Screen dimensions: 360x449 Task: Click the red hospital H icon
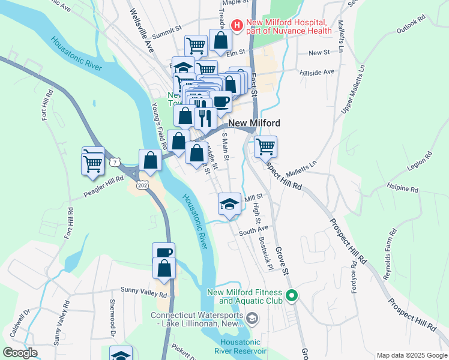click(x=237, y=25)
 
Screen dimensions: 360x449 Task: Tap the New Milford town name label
click(x=254, y=123)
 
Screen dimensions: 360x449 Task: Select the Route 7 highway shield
click(x=115, y=162)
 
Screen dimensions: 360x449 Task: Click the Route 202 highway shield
click(x=142, y=185)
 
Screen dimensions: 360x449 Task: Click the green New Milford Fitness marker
click(x=292, y=296)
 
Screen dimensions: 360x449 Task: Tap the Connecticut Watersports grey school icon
click(x=252, y=318)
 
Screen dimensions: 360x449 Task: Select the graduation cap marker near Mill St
click(x=229, y=202)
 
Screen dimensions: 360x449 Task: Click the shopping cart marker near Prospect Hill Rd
click(x=265, y=145)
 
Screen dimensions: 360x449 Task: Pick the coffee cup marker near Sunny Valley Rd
click(x=163, y=252)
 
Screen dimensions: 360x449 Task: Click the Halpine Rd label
click(x=402, y=188)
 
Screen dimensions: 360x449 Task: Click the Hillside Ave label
click(x=317, y=72)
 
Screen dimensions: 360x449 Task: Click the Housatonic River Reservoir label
click(x=240, y=346)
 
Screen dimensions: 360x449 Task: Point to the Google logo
click(x=20, y=353)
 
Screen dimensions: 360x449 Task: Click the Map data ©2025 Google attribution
click(x=411, y=355)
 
